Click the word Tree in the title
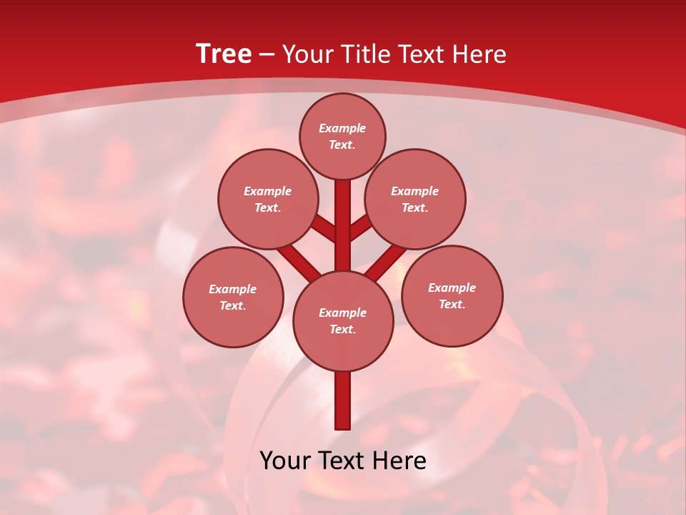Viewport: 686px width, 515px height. click(224, 54)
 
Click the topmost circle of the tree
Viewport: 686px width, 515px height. click(342, 136)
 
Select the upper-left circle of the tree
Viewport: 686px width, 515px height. click(268, 199)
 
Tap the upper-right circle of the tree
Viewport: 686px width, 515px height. click(415, 199)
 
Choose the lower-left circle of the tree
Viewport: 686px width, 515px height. click(233, 297)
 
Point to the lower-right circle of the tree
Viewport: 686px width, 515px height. click(452, 295)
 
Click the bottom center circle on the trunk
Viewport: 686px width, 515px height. click(343, 320)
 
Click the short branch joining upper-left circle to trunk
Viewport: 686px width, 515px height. click(323, 228)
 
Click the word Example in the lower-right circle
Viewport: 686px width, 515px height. click(452, 288)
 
